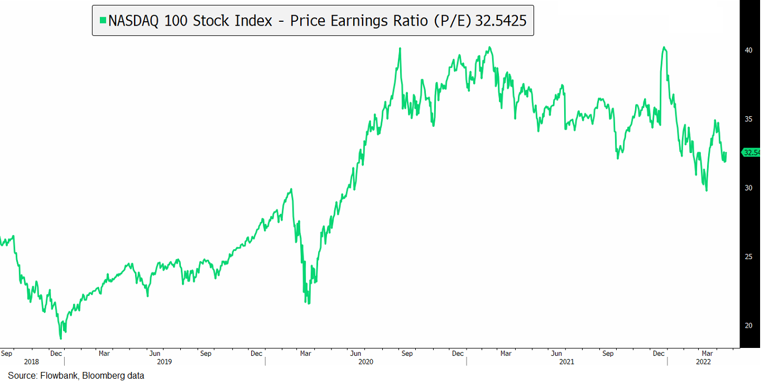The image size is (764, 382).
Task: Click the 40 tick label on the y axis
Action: (748, 50)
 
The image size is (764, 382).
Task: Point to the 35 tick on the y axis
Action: (748, 119)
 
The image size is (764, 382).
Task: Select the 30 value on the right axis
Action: (748, 188)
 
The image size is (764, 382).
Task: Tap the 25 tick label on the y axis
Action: (748, 256)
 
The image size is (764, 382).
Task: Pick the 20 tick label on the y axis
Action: (748, 325)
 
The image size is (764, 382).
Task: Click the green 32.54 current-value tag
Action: (751, 152)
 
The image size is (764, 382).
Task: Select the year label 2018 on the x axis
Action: (32, 362)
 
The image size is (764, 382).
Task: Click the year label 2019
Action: (164, 362)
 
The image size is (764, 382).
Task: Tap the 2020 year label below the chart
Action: (366, 362)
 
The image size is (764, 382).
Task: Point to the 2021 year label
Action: (566, 362)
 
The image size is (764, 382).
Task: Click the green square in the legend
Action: (102, 21)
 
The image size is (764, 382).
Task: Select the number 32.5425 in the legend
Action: (501, 21)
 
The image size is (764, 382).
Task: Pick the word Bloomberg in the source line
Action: (104, 376)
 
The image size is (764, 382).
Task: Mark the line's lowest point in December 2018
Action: (61, 338)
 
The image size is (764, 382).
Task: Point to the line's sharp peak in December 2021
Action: (664, 47)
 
